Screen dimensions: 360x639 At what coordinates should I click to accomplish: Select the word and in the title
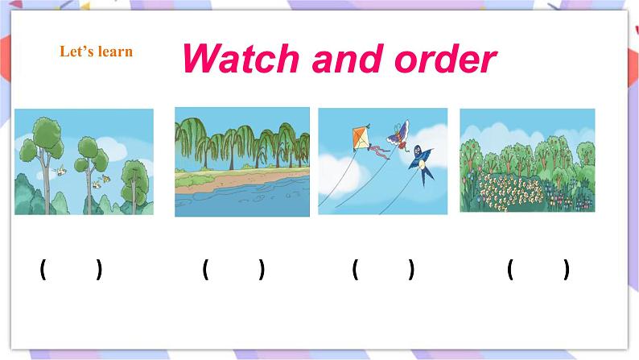(x=351, y=58)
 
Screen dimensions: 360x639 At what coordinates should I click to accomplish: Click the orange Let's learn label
(x=96, y=52)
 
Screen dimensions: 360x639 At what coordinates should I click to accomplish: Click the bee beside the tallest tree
(x=60, y=170)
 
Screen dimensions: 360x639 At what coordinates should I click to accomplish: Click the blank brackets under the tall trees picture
(x=71, y=270)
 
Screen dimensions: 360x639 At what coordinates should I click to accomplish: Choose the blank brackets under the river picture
(x=233, y=270)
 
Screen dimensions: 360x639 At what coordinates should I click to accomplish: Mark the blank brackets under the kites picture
(x=383, y=270)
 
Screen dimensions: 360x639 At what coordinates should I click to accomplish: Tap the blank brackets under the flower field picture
(x=538, y=270)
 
